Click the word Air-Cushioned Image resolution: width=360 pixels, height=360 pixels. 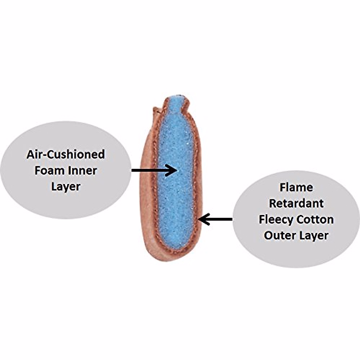(x=66, y=154)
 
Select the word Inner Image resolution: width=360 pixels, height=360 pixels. (x=83, y=171)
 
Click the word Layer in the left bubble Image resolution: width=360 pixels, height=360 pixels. (x=66, y=187)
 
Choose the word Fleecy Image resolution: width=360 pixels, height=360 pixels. (x=276, y=220)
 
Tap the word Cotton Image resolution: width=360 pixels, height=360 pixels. (x=315, y=220)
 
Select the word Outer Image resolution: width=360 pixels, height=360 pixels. (x=277, y=235)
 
